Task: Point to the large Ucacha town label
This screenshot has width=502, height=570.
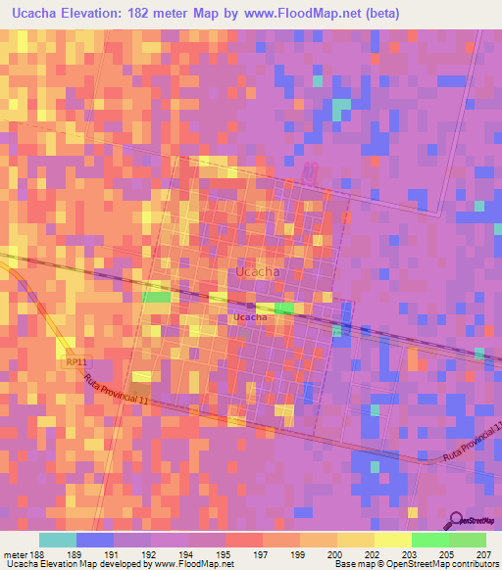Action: (x=258, y=271)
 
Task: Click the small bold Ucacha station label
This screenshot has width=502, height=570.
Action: (x=251, y=317)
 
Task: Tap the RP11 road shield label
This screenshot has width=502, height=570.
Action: (x=77, y=361)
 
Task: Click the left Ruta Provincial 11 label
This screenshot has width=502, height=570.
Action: (x=116, y=388)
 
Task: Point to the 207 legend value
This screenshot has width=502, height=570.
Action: (x=483, y=554)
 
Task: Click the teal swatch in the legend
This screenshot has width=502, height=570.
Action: (x=58, y=540)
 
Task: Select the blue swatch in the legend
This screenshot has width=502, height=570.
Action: (x=95, y=540)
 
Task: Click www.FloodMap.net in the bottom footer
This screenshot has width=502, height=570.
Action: (x=182, y=565)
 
